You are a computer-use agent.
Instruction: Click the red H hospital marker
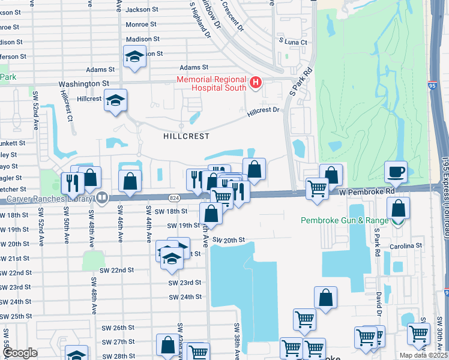pyautogui.click(x=256, y=82)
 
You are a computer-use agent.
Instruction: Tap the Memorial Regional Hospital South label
pyautogui.click(x=211, y=83)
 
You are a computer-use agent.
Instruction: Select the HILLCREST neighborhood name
pyautogui.click(x=186, y=136)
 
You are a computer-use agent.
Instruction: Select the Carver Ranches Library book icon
pyautogui.click(x=102, y=197)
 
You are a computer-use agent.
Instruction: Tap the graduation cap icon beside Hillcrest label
pyautogui.click(x=115, y=101)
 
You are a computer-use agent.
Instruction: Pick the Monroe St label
pyautogui.click(x=141, y=25)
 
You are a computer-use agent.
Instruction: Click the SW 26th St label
pyautogui.click(x=118, y=328)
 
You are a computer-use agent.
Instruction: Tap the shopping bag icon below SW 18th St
pyautogui.click(x=211, y=213)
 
